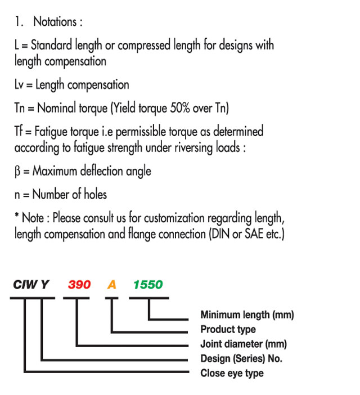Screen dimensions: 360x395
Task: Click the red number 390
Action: click(x=79, y=285)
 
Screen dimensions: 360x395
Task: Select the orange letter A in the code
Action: click(x=111, y=285)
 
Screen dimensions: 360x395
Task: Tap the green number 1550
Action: click(x=148, y=285)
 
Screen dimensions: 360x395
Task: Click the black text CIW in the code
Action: click(x=25, y=285)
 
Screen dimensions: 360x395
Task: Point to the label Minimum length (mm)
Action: click(x=247, y=315)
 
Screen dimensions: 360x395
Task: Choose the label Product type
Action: click(x=228, y=330)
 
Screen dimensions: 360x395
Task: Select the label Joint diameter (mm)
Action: click(x=244, y=344)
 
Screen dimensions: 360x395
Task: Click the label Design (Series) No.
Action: click(x=241, y=358)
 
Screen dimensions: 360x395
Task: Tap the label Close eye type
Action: click(x=232, y=373)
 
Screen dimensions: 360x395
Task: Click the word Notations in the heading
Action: click(x=55, y=22)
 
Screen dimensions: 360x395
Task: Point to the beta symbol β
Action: click(x=17, y=172)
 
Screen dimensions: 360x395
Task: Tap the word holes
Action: click(x=95, y=195)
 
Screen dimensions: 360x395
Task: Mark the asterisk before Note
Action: click(x=17, y=215)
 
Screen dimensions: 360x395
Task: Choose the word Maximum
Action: click(x=55, y=171)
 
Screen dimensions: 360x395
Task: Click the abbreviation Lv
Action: click(x=19, y=84)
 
